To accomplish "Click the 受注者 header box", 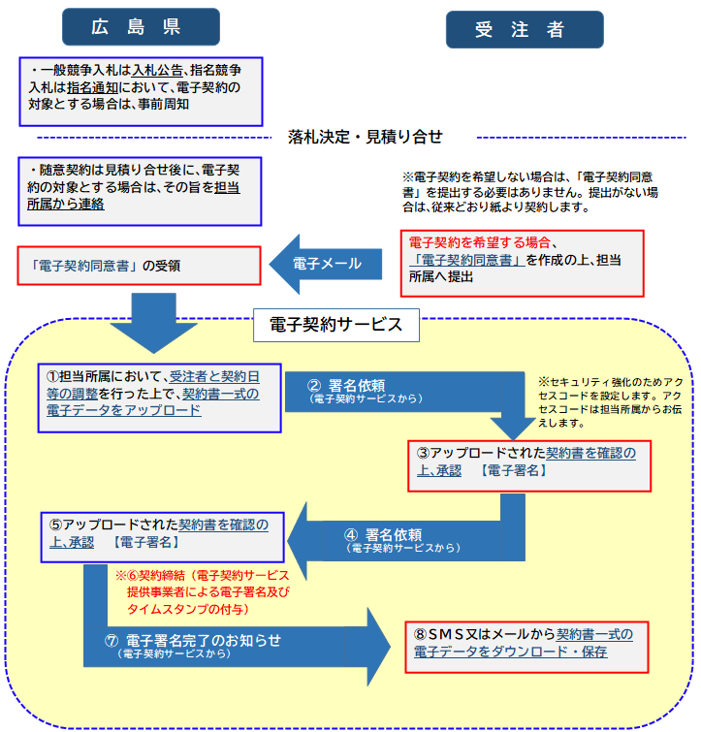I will [524, 29].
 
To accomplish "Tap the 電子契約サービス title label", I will [335, 324].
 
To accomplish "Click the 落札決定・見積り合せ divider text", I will [366, 137].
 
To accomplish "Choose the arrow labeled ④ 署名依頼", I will [407, 539].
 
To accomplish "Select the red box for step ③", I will [528, 461].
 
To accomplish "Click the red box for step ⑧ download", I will [526, 643].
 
